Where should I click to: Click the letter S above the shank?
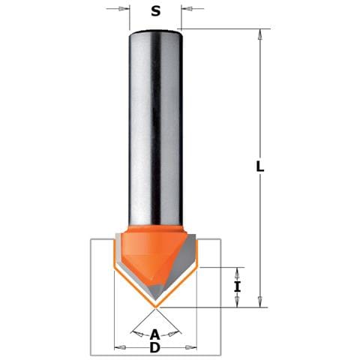(155, 11)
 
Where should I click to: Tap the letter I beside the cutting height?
(237, 286)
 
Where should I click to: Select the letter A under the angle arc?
(155, 334)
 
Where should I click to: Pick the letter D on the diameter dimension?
(155, 347)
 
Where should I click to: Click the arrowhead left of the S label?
(122, 9)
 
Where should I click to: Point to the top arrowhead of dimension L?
(260, 34)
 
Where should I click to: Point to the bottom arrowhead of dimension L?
(260, 301)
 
